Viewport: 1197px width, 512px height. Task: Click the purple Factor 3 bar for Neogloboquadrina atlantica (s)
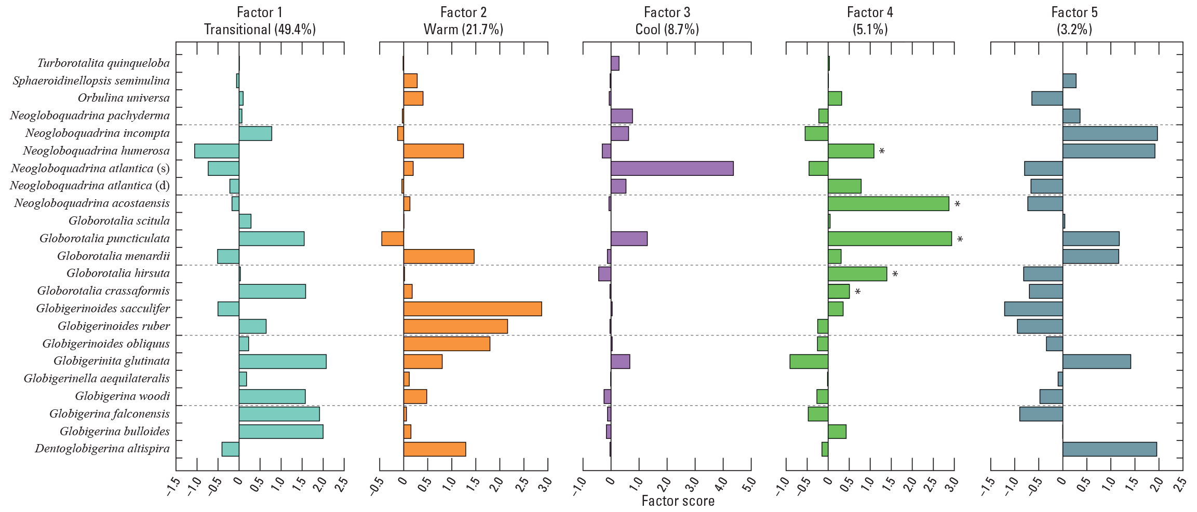click(x=672, y=169)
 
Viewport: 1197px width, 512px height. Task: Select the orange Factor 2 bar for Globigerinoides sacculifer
click(x=472, y=309)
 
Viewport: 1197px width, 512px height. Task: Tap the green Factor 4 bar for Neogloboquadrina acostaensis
click(x=888, y=204)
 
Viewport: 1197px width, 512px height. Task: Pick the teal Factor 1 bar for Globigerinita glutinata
click(x=283, y=362)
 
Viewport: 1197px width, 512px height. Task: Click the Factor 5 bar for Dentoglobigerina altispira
click(x=1109, y=449)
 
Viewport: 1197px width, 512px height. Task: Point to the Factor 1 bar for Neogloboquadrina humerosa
click(x=217, y=151)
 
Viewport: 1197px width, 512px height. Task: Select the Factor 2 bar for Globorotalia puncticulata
click(x=393, y=239)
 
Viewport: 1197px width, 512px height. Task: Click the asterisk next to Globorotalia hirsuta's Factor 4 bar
click(x=895, y=274)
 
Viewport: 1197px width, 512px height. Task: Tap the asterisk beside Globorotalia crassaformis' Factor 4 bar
click(x=857, y=292)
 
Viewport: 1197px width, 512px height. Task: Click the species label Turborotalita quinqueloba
click(x=103, y=63)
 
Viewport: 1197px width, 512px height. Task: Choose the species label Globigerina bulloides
click(x=114, y=432)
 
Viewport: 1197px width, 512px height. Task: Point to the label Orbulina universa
click(x=124, y=98)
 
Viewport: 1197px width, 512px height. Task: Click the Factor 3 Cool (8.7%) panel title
click(x=667, y=21)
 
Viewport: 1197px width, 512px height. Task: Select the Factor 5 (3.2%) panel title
click(x=1074, y=21)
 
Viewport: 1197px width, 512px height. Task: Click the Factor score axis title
click(x=678, y=501)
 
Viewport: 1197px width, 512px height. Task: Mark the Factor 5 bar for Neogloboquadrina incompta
click(x=1110, y=133)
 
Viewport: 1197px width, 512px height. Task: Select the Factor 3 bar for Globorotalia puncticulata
click(x=629, y=239)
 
